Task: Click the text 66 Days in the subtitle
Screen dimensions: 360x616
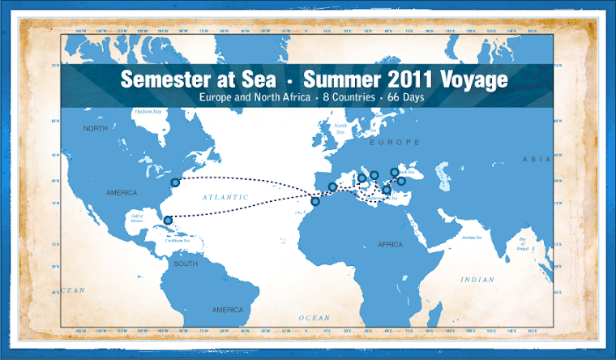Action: coord(400,98)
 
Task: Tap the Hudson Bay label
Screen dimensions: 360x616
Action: coord(149,110)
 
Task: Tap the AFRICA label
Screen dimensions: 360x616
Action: coord(390,243)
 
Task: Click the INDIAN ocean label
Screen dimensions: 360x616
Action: coord(477,280)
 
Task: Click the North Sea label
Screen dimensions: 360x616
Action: coord(340,128)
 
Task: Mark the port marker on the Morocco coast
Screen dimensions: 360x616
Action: coord(315,202)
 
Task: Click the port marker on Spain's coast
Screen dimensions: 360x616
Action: coord(332,187)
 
